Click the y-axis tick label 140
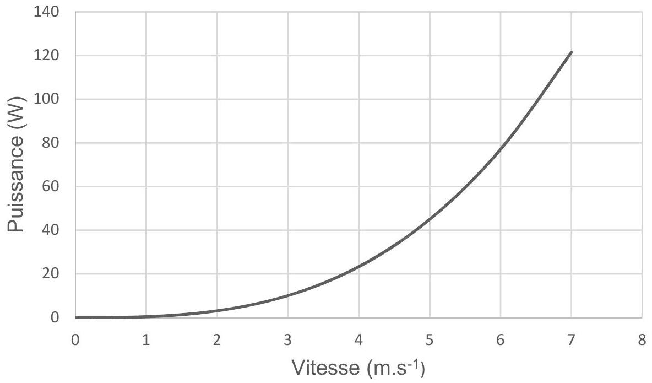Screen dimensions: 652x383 pos(46,12)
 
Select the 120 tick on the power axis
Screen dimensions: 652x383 pos(46,55)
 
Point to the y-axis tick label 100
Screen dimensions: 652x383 pos(46,99)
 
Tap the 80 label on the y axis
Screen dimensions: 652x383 pos(51,143)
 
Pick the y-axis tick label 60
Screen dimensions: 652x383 pos(51,186)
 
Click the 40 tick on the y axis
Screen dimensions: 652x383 pos(51,230)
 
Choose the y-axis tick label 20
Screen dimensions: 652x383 pos(51,274)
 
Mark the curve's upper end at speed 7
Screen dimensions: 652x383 pos(572,52)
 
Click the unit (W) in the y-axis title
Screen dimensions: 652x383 pos(17,112)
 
